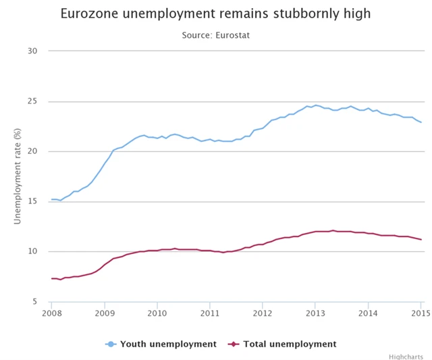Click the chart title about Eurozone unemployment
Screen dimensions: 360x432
tap(215, 14)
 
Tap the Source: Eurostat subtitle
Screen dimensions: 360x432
tap(216, 34)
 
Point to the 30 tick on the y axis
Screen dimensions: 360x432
tap(32, 51)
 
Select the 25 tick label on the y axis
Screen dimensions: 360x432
tap(32, 101)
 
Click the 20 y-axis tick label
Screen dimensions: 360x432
tap(32, 151)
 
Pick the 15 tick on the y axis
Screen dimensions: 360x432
tap(32, 201)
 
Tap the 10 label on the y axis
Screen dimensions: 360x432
tap(32, 251)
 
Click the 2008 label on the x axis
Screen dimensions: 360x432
tap(52, 313)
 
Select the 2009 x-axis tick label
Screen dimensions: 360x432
tap(105, 313)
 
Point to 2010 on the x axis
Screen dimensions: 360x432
tap(157, 313)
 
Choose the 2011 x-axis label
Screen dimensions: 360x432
tap(210, 313)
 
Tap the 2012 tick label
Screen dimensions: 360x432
tap(263, 313)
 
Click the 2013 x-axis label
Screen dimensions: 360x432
tap(315, 313)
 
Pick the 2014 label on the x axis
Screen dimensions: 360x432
tap(368, 313)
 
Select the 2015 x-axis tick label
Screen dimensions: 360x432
tap(420, 313)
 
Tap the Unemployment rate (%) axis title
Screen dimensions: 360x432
tap(18, 176)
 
